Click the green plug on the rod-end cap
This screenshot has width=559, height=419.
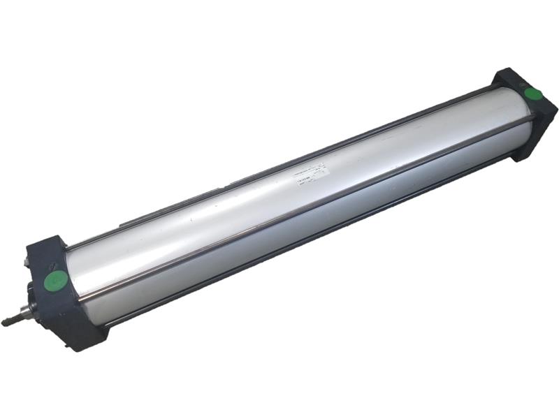(56, 281)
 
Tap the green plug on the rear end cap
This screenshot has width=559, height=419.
(534, 96)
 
